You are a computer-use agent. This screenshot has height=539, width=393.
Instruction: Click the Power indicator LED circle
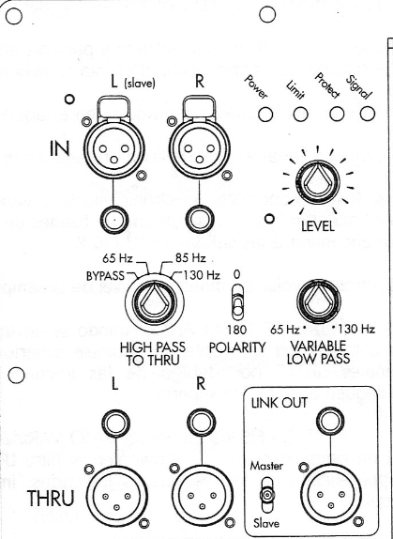[x=265, y=115]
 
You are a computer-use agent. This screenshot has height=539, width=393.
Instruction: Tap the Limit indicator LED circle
[x=300, y=115]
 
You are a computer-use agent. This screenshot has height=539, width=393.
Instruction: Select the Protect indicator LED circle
[x=337, y=115]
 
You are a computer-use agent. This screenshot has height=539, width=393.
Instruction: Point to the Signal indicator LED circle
[x=368, y=115]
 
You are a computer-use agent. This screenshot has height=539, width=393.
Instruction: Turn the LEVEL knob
[x=317, y=182]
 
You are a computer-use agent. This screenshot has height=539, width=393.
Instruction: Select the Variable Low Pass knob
[x=319, y=301]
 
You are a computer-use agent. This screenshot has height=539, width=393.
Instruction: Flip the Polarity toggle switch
[x=237, y=301]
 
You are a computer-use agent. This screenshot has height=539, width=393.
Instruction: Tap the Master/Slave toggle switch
[x=266, y=495]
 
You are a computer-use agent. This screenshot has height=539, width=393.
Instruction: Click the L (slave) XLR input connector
[x=113, y=148]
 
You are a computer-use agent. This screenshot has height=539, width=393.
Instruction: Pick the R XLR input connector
[x=200, y=148]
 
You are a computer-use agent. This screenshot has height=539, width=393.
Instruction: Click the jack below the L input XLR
[x=113, y=220]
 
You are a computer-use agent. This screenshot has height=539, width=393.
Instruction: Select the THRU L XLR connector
[x=116, y=497]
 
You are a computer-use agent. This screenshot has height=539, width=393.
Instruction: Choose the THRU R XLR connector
[x=203, y=497]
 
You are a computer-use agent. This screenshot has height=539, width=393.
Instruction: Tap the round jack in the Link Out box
[x=330, y=422]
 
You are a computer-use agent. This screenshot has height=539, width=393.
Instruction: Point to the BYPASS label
[x=105, y=276]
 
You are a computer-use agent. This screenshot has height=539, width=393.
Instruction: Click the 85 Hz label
[x=190, y=258]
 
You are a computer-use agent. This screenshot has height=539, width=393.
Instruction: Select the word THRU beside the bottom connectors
[x=51, y=498]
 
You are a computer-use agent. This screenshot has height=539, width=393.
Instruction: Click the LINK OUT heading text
[x=280, y=403]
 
